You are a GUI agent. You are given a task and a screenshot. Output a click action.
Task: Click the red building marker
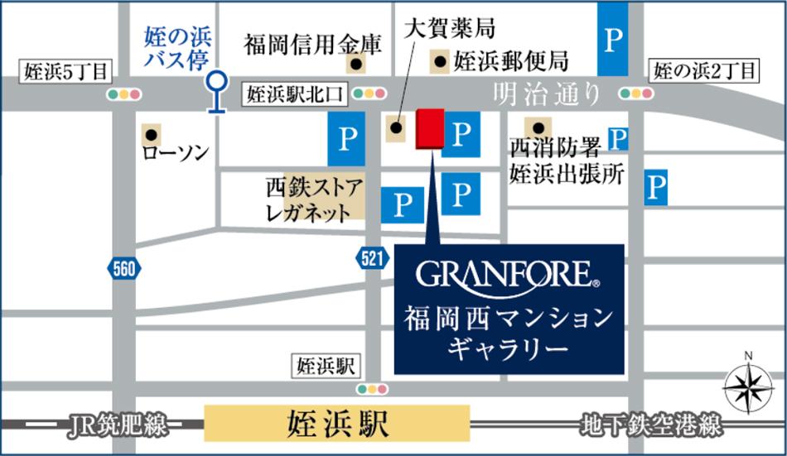coord(430,129)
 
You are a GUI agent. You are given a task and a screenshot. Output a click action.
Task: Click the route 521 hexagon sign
coord(373,258)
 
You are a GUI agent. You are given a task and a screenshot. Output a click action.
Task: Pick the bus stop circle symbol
coord(217,82)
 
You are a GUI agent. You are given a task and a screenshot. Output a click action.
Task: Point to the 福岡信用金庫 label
coord(312,44)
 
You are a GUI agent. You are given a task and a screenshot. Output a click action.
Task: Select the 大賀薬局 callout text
coord(450,28)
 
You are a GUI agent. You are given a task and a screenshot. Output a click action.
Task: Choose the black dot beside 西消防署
coord(540,128)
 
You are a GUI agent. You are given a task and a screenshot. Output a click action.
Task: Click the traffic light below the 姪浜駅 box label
coord(372,388)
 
